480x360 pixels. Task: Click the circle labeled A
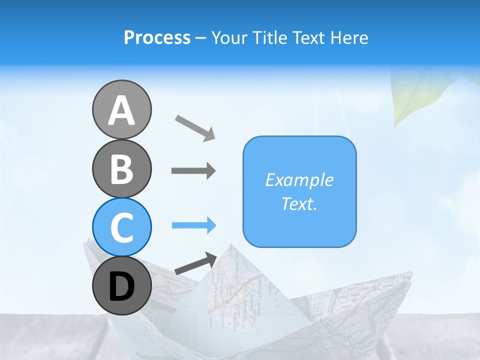[121, 109]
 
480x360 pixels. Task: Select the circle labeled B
[121, 168]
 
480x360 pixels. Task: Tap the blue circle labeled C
[121, 227]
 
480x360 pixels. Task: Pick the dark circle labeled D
[121, 286]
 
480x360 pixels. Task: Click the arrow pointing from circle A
[195, 127]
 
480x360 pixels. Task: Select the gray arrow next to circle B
[193, 171]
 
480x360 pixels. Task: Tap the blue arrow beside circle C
[193, 225]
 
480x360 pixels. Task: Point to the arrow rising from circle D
[195, 263]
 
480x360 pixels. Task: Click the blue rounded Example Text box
[299, 191]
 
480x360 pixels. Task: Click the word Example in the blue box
[299, 180]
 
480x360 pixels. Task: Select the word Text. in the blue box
[299, 203]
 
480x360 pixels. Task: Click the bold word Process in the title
[157, 37]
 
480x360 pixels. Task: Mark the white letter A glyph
[121, 110]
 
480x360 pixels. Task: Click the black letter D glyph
[121, 287]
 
